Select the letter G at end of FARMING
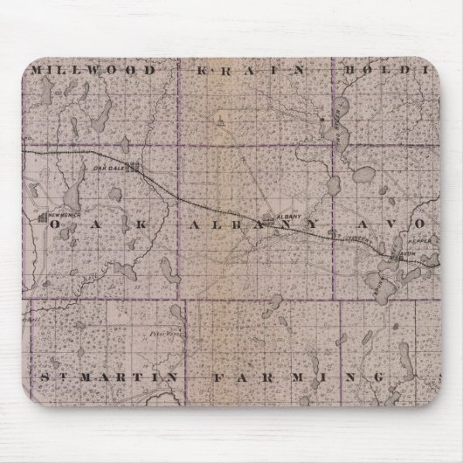pos(377,377)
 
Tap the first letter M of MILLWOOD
pos(36,68)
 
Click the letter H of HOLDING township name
pos(349,68)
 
